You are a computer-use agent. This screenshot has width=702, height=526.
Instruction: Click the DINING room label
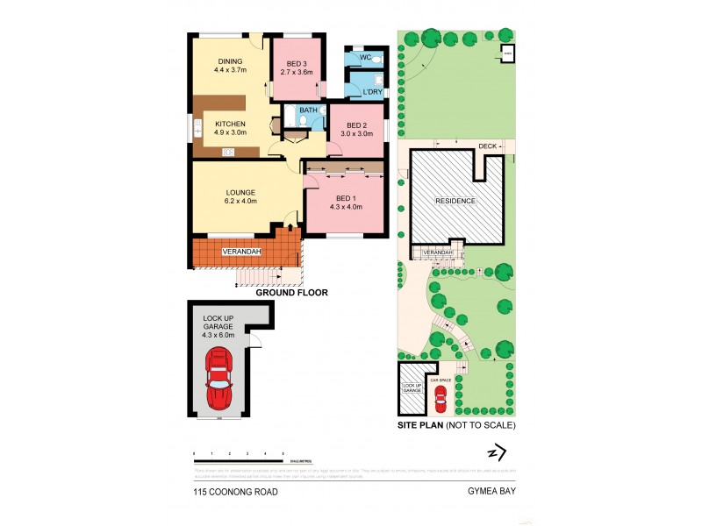pos(230,60)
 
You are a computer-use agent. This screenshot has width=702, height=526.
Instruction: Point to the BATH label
pos(308,110)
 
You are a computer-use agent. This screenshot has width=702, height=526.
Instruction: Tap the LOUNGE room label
pos(240,193)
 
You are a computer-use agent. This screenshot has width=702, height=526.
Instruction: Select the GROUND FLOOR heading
pos(291,293)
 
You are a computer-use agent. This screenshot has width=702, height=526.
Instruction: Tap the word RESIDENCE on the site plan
pos(456,201)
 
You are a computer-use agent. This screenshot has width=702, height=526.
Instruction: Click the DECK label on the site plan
pos(488,146)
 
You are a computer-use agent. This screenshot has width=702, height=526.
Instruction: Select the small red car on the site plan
pos(441,400)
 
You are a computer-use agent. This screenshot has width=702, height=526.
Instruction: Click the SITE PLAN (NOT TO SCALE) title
pos(456,425)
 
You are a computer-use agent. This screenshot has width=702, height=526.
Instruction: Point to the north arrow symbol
pos(497,452)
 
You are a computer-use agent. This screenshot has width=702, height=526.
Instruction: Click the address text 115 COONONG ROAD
pos(236,493)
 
